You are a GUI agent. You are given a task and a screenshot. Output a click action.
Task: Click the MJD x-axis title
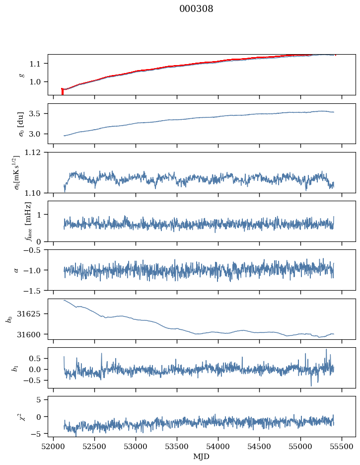(201, 457)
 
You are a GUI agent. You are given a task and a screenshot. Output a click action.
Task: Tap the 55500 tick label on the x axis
(343, 446)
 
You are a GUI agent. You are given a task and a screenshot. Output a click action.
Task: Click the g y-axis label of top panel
(21, 75)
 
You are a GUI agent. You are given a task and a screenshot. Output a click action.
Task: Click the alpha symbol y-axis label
(16, 270)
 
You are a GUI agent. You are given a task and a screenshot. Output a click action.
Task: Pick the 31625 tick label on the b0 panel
(31, 314)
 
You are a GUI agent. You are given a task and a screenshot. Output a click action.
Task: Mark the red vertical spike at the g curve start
(62, 91)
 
